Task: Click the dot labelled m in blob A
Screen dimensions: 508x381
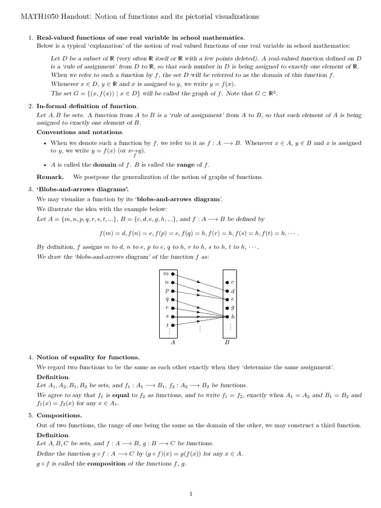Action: tap(173, 274)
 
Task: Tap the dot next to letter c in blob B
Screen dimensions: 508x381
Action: tap(227, 282)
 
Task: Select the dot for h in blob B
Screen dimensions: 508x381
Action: tap(227, 317)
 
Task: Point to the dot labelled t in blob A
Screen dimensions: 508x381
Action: tap(173, 325)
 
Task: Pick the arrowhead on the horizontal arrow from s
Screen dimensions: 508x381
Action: tap(198, 317)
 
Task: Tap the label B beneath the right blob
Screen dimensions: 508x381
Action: tap(227, 342)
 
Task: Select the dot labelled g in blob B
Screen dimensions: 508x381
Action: tap(227, 308)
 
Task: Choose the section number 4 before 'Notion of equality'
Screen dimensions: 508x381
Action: tap(30, 357)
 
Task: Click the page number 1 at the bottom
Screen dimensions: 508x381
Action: tap(190, 494)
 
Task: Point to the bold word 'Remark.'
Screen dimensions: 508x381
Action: tap(50, 177)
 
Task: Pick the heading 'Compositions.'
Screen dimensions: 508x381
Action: tap(59, 415)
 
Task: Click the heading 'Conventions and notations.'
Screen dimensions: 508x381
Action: tap(80, 132)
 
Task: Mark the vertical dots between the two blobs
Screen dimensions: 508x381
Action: tap(200, 329)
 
